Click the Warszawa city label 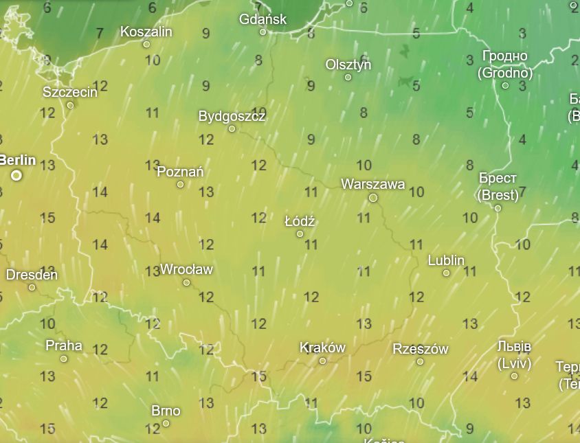point(372,184)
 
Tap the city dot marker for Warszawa point(373,198)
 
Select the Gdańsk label point(263,19)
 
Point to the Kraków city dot point(322,361)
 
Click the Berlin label point(17,160)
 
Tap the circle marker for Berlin point(16,176)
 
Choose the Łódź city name point(300,221)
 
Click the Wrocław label point(186,269)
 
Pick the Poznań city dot point(181,185)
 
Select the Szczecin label point(70,92)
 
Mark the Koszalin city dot point(146,44)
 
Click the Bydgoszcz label point(232,116)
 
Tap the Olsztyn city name point(348,65)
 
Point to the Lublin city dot point(446,273)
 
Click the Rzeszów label point(420,349)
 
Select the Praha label point(63,345)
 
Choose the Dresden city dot point(32,287)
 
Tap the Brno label point(166,411)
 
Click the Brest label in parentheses point(498,194)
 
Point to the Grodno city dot point(505,86)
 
